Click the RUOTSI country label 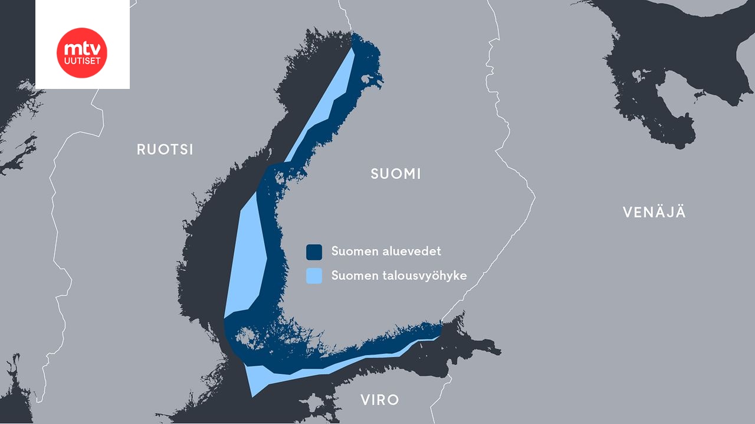click(x=165, y=150)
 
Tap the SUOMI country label click(x=396, y=174)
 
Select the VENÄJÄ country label click(x=654, y=213)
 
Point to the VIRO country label click(x=380, y=400)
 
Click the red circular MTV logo click(x=82, y=52)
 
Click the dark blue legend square click(x=314, y=252)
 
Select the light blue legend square click(x=314, y=276)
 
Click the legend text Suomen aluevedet click(x=386, y=251)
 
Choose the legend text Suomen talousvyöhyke click(x=399, y=276)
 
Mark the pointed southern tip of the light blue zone click(x=252, y=395)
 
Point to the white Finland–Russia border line click(x=519, y=177)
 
